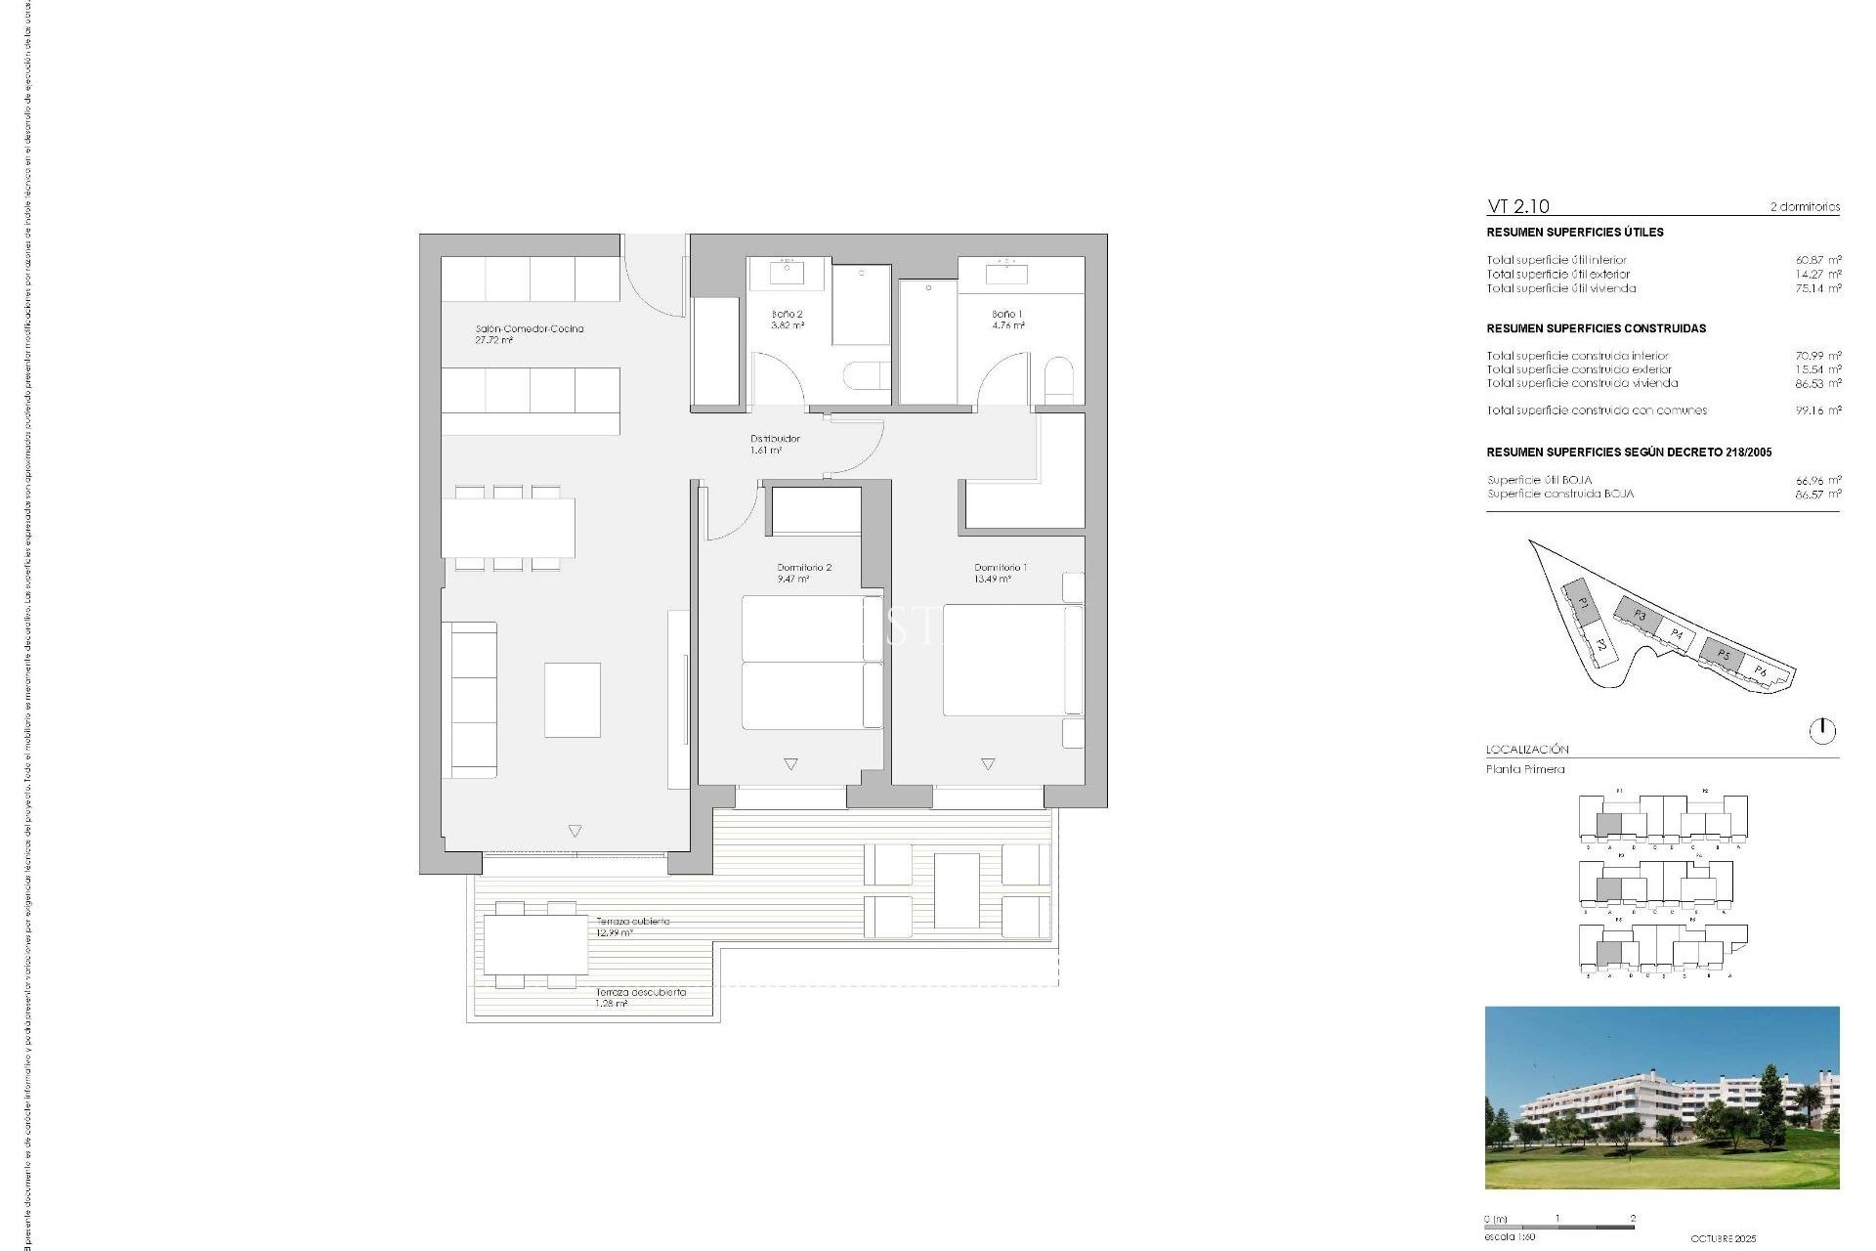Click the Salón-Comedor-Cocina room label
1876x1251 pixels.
point(529,329)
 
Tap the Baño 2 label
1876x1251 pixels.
point(787,315)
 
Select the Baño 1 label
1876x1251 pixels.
point(1007,315)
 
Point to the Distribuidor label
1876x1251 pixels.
point(775,439)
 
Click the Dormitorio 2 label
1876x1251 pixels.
point(804,568)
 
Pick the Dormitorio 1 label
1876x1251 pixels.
point(1001,568)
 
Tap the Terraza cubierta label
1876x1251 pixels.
point(633,922)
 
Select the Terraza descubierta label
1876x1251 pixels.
point(641,992)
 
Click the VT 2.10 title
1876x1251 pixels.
point(1517,206)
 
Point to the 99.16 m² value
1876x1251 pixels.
point(1817,410)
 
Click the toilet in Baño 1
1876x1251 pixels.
point(1058,379)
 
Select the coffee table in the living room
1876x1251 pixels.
point(573,700)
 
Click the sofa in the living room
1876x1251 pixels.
point(471,700)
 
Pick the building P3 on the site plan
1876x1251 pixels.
point(1639,615)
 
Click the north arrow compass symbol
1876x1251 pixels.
point(1822,730)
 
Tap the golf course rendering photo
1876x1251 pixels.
point(1661,1098)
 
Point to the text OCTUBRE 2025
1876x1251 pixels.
point(1723,1238)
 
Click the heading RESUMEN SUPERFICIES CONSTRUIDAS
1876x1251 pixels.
point(1596,328)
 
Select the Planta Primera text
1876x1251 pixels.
point(1525,769)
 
